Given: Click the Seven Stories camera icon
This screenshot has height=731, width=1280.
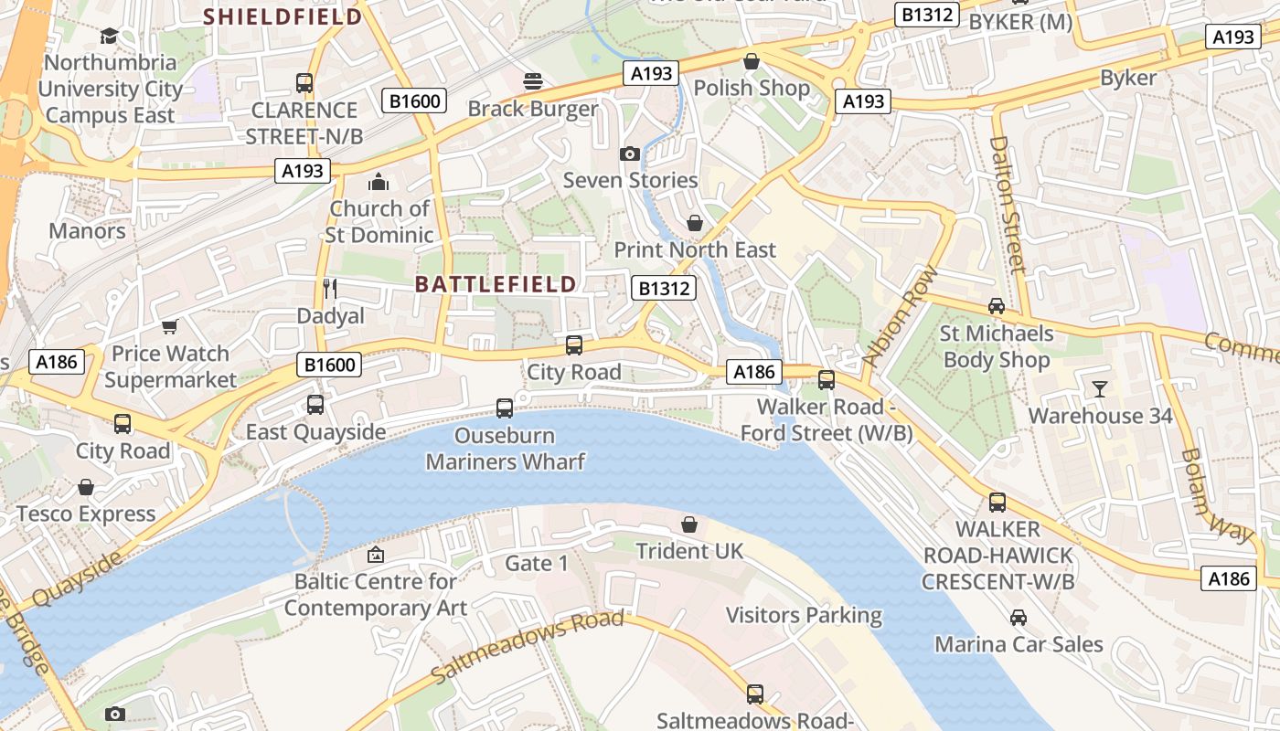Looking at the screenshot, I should coord(629,154).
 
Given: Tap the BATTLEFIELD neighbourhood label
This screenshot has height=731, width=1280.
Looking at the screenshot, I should coord(496,284).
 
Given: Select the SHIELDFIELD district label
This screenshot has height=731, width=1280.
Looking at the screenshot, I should coord(283,16).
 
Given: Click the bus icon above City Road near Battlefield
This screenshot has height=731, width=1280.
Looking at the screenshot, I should coord(574,344).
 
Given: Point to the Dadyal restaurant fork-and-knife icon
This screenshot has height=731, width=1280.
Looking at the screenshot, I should coord(330,289).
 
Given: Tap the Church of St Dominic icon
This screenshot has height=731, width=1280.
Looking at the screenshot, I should coord(379,182).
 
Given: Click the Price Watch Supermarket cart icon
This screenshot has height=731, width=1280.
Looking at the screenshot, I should coord(169,326).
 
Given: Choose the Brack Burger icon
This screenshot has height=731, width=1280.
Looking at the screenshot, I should coord(532,81).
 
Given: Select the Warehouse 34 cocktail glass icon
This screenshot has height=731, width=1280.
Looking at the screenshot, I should coord(1100,389).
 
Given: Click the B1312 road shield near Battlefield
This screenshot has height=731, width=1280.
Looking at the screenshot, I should coord(664,289).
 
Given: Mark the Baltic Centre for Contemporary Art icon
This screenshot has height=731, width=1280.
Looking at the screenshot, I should coord(375,555).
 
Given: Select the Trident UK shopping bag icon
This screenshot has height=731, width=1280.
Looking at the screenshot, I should coord(689,524).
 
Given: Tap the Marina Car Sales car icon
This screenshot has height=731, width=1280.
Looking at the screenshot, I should coord(1019,618).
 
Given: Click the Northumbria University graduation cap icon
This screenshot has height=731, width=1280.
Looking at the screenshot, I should coord(109,36).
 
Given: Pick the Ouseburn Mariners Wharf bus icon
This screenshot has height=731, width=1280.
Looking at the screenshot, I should coord(505,408).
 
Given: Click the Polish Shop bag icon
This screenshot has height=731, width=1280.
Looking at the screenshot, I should coord(752,61).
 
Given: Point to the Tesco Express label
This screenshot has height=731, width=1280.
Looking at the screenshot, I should coord(86,514).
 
